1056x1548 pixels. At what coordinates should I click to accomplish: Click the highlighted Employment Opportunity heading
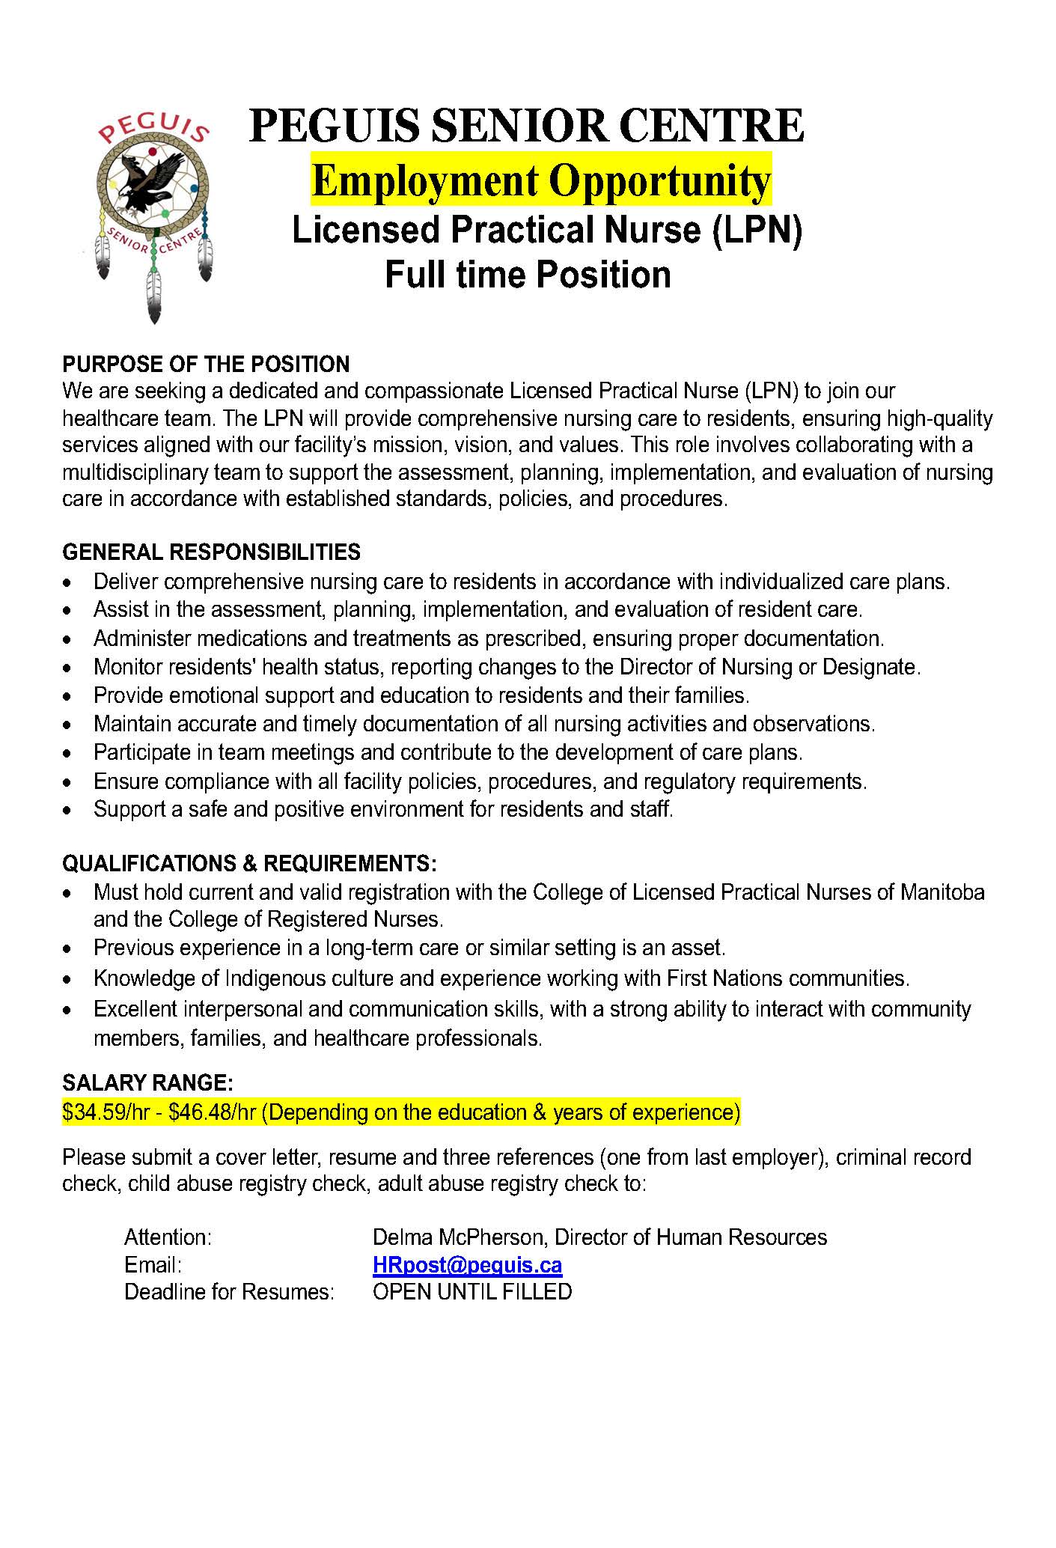tap(540, 180)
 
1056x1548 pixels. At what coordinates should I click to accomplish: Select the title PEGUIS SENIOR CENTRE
tap(526, 125)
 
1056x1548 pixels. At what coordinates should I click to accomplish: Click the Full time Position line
tap(528, 275)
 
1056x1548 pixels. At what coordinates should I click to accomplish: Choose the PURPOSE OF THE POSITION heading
tap(206, 365)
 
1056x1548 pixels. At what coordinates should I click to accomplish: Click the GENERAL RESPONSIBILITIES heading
tap(211, 552)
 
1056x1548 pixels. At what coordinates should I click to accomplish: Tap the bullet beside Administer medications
tap(69, 640)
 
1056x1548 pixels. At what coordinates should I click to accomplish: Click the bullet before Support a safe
tap(69, 811)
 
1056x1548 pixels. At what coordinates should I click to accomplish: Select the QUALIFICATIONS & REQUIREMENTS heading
tap(249, 864)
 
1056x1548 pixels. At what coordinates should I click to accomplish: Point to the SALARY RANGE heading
tap(148, 1082)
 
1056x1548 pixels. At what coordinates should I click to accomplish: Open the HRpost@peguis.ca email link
tap(467, 1265)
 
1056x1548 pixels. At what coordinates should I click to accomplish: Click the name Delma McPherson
tap(458, 1237)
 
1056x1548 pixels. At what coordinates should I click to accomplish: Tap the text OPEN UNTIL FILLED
tap(471, 1292)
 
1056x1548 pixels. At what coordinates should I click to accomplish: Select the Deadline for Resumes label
tap(229, 1292)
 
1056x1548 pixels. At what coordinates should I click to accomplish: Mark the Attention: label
tap(168, 1237)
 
